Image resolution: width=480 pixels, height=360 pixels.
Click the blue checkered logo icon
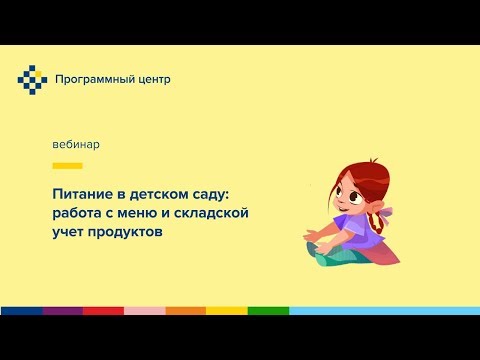pyautogui.click(x=32, y=79)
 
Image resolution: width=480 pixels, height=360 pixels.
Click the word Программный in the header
pyautogui.click(x=93, y=79)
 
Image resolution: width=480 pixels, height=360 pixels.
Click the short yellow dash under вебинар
pyautogui.click(x=67, y=165)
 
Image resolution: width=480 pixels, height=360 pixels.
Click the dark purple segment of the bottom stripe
pyautogui.click(x=62, y=311)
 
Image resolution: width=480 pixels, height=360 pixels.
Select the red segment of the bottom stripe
pyautogui.click(x=103, y=311)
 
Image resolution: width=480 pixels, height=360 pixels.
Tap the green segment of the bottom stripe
pyautogui.click(x=268, y=311)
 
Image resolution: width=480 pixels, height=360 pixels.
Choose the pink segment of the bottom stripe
pyautogui.click(x=144, y=311)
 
